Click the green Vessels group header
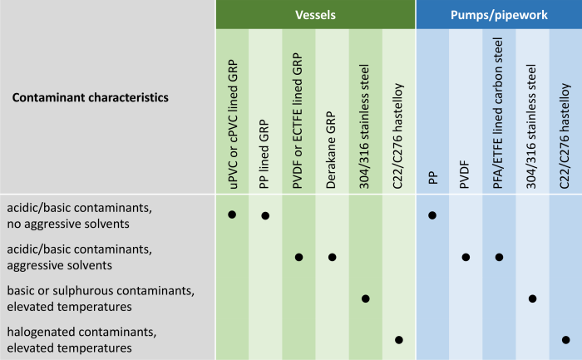pos(315,14)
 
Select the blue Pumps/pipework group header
pos(498,14)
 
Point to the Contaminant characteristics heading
pos(90,97)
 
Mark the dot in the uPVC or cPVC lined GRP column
pos(232,215)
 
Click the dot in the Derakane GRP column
pos(332,257)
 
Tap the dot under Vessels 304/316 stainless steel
pos(365,298)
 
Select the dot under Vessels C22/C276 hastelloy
pos(398,339)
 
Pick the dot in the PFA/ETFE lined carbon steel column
pos(499,257)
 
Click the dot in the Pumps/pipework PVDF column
pos(466,257)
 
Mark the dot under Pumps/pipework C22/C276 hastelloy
pos(565,339)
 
